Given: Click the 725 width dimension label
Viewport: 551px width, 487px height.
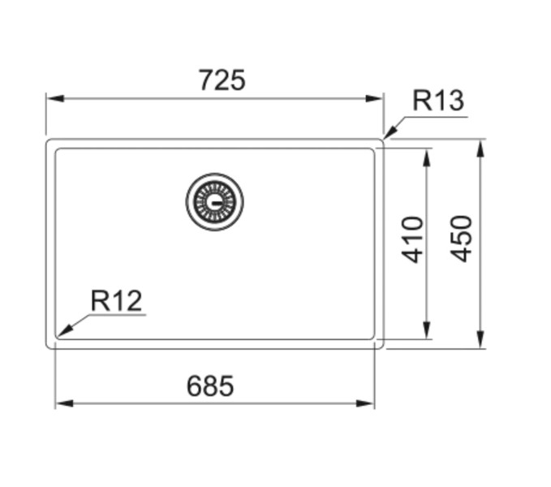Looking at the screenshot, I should coord(222,80).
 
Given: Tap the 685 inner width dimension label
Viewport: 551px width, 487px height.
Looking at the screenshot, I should coord(210,386).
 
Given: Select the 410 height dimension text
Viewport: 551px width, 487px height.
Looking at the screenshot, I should coord(413,239).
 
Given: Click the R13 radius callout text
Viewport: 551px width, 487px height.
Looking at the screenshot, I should coord(438,101).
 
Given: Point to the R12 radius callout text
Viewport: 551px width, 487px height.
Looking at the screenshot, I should coord(116,301).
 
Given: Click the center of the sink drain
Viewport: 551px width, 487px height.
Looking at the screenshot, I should coord(214,200).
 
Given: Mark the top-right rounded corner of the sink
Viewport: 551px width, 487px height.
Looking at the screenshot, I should coord(381,141).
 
